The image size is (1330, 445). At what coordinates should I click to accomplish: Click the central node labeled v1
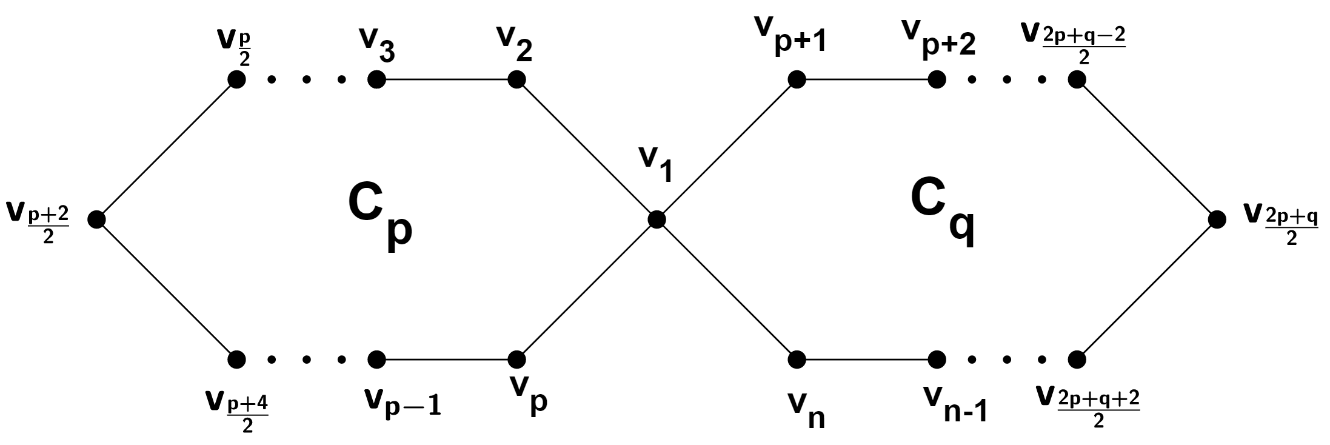[657, 219]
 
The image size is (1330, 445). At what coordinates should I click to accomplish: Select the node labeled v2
[516, 79]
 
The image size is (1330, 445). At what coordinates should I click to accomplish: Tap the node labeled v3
[376, 79]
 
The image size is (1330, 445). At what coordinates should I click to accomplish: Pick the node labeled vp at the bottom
[516, 359]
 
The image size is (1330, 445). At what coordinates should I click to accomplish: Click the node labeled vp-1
[376, 359]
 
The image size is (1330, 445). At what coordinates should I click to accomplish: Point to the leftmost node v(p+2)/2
[96, 219]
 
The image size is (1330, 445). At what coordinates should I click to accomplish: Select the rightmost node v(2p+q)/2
[1217, 219]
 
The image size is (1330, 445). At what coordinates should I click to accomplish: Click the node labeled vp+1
[797, 79]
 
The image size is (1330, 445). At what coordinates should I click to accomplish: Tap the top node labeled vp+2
[937, 79]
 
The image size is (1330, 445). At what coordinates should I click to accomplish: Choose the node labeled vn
[797, 359]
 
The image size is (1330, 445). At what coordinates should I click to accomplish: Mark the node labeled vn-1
[937, 359]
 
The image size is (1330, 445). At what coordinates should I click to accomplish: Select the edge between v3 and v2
[447, 79]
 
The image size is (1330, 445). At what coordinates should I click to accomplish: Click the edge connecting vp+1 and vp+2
[867, 79]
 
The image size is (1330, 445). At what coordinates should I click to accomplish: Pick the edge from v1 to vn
[727, 289]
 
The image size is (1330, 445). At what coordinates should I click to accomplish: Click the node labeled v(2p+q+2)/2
[1077, 359]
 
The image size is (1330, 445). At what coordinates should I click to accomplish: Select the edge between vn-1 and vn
[867, 359]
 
